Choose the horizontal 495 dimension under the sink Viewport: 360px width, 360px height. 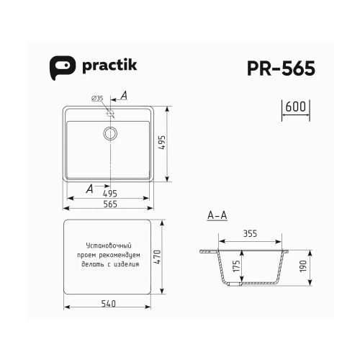click(x=110, y=193)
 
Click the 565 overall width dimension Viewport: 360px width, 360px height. click(x=110, y=204)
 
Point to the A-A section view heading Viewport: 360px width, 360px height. click(x=217, y=215)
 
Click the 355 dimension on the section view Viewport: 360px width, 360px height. click(x=250, y=234)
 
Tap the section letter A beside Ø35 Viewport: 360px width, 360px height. click(x=124, y=95)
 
